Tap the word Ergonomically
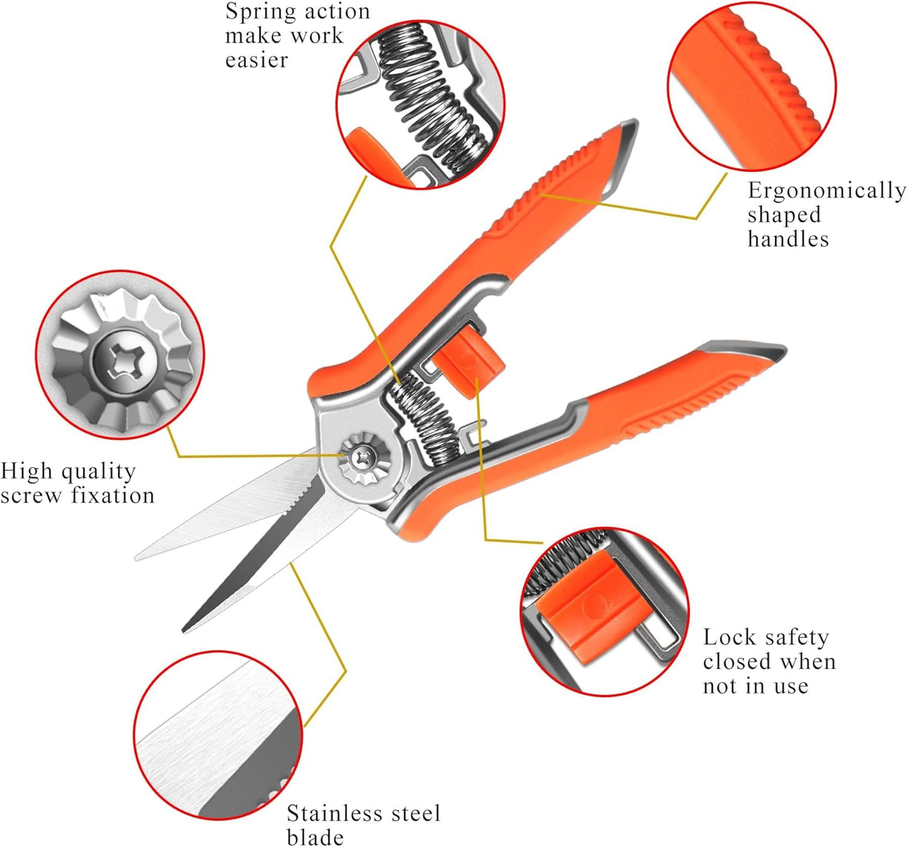[x=826, y=191]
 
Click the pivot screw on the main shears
[x=364, y=457]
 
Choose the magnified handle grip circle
[x=752, y=86]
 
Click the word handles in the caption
[x=788, y=240]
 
